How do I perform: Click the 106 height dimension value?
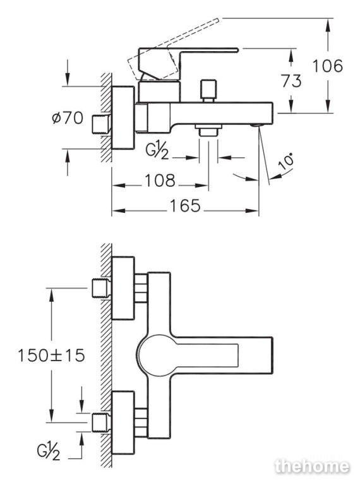click(x=328, y=66)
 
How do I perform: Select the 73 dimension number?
click(x=291, y=81)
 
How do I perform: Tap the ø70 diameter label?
click(x=68, y=118)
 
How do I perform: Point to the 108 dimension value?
click(x=160, y=181)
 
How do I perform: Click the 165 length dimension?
click(x=185, y=205)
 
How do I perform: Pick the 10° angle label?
click(x=285, y=161)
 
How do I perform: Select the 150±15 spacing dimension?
click(x=51, y=356)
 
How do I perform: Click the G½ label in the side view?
click(x=157, y=152)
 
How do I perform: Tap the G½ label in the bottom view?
click(x=48, y=452)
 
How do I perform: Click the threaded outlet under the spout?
click(x=208, y=131)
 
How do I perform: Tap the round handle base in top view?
click(x=152, y=354)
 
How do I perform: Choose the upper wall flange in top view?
click(x=123, y=288)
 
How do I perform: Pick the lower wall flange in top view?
click(x=123, y=423)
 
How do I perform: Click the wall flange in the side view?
click(x=123, y=118)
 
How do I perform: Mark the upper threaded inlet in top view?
click(x=102, y=288)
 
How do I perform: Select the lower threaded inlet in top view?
click(x=102, y=422)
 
